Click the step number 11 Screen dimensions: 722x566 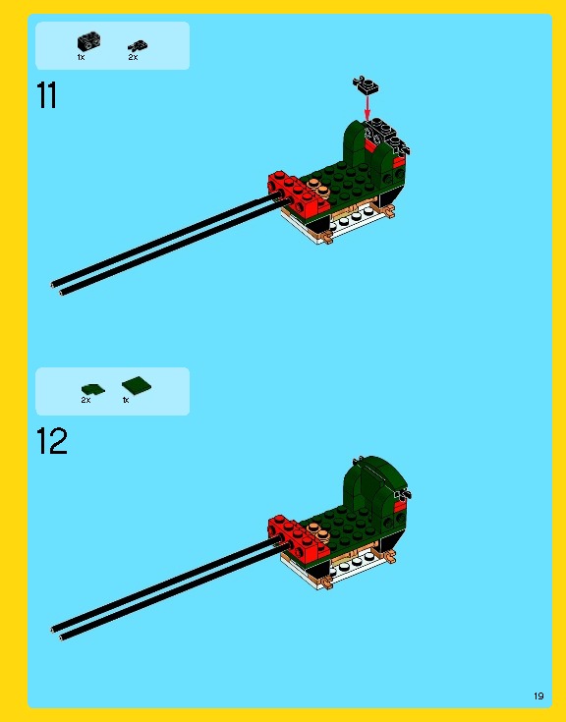(46, 96)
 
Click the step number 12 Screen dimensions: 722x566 (51, 441)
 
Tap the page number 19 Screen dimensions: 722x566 (538, 695)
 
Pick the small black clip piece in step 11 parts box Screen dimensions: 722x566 (136, 45)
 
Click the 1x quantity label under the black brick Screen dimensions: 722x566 (82, 58)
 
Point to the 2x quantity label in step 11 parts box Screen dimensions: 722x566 (133, 58)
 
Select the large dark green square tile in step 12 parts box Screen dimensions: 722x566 (133, 385)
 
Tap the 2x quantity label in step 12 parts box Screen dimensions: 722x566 (85, 401)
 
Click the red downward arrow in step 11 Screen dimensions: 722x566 (368, 109)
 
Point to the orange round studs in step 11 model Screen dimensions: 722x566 (317, 185)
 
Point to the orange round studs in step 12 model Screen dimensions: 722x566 (317, 526)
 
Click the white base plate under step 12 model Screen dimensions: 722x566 (339, 567)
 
